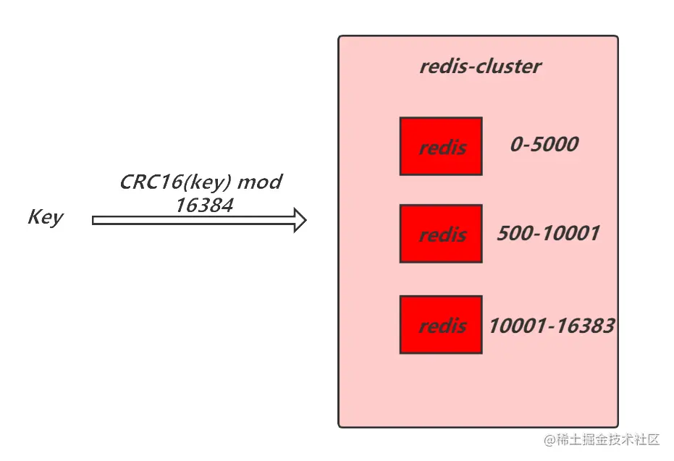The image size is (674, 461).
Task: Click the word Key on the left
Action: pos(45,217)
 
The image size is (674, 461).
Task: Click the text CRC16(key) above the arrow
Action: pos(176,182)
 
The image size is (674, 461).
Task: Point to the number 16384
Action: pos(203,206)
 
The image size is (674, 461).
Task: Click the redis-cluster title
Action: pos(480,67)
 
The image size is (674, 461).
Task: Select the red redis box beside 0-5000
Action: pos(441,146)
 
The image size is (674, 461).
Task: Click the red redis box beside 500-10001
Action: pos(441,233)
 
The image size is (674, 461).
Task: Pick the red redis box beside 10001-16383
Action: pos(441,324)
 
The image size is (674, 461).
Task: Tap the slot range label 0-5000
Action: pos(544,144)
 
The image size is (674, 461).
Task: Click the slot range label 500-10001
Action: pos(548,233)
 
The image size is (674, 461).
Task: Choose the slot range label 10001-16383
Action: pos(552,326)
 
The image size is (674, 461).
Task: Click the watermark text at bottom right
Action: pos(602,439)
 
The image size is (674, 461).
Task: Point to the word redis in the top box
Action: pos(442,148)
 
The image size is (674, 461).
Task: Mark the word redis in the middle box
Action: pos(442,235)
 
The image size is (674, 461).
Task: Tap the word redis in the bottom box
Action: pos(442,326)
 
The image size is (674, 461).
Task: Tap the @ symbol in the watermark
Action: pos(549,439)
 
